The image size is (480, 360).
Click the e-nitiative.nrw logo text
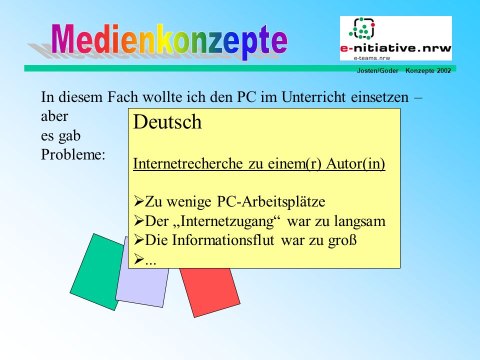[396, 48]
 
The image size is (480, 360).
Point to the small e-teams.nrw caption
[372, 58]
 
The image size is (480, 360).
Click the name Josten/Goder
[377, 70]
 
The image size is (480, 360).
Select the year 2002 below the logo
[444, 70]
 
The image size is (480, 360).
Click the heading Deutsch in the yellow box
[167, 122]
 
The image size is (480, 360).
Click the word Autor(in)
[355, 164]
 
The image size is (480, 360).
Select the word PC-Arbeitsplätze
[271, 202]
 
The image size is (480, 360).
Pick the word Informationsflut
[223, 240]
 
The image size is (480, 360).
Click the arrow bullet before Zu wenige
[138, 201]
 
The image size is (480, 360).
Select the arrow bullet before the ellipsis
[138, 259]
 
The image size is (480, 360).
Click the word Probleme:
[73, 154]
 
